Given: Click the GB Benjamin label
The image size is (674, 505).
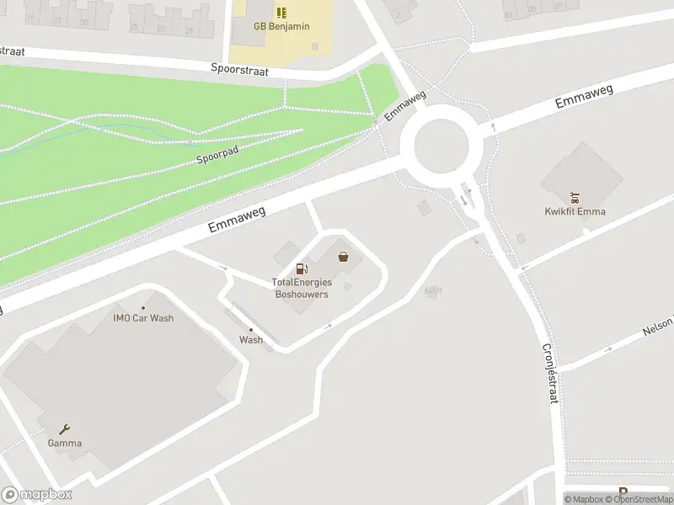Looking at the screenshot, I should coord(281,26).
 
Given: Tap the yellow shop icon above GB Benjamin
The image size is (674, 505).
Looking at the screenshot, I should coord(281,13).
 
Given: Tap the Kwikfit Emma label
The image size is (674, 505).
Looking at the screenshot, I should coord(575,211).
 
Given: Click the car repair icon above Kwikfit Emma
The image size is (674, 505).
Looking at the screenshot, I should coord(575,199).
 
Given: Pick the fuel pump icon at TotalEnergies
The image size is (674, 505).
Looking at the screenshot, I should coord(301,268).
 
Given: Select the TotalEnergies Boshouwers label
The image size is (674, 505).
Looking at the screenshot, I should coord(301,288).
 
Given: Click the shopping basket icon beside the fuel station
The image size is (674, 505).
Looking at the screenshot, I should coord(343,257).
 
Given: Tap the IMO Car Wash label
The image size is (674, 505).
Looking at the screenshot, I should coord(143,318).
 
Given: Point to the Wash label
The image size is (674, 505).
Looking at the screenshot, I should coord(250,340).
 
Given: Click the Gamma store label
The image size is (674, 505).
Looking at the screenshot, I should coord(64,443).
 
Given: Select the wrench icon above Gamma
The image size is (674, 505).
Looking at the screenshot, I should coord(64,428).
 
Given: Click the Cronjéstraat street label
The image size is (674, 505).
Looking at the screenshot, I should coord(549,373).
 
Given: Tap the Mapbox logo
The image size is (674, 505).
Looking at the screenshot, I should coord(37,495).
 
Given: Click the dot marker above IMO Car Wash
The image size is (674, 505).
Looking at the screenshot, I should coord(143,306).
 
